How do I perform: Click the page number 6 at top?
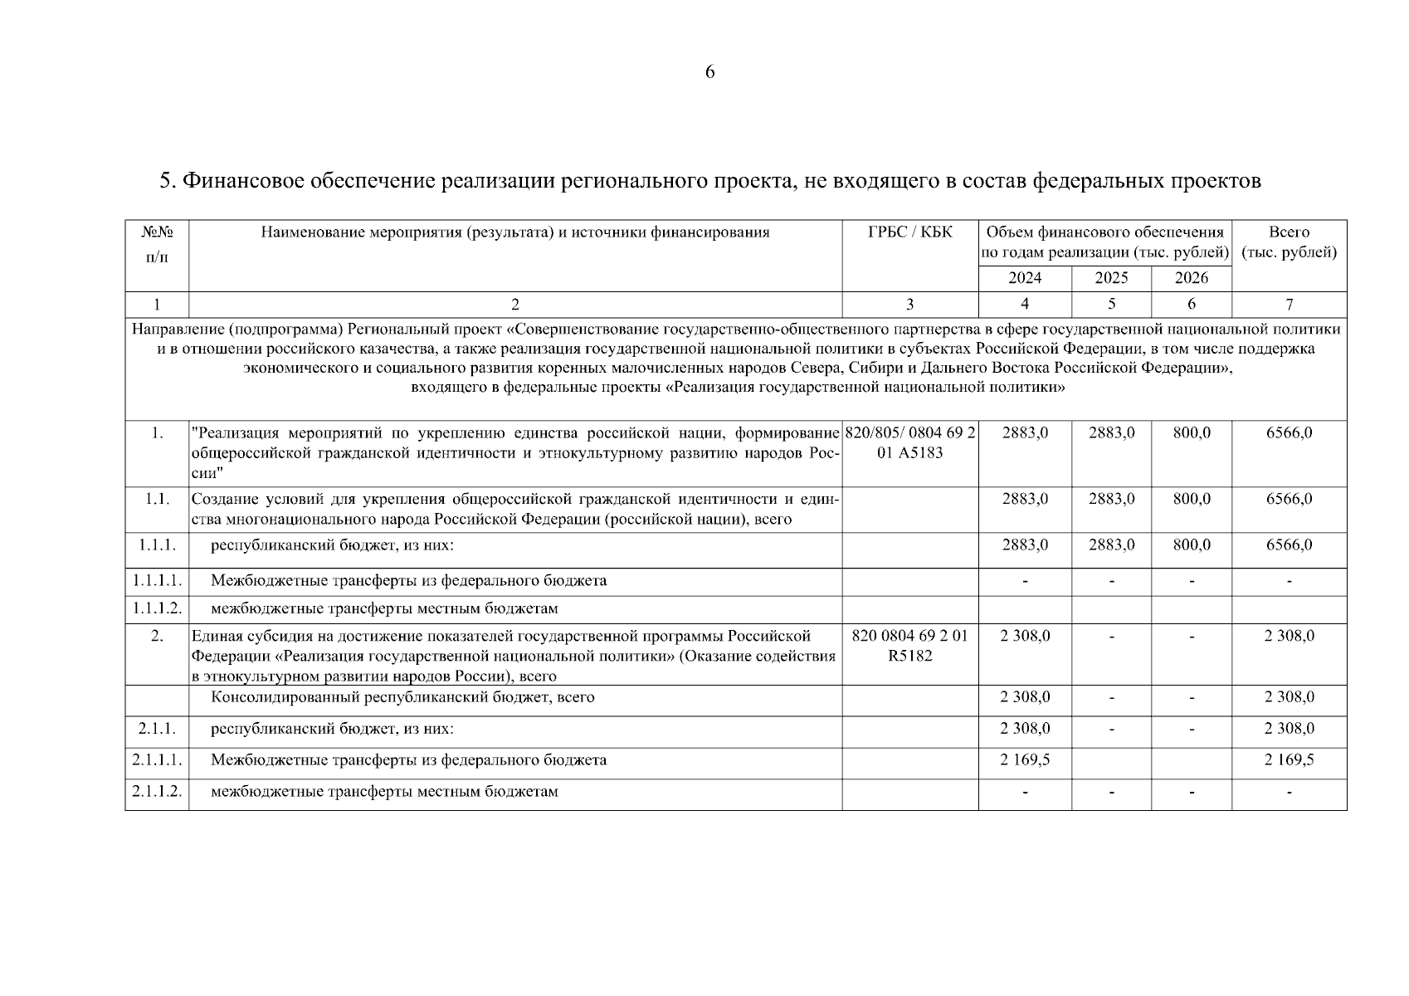[x=709, y=72]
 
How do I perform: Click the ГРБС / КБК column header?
[x=909, y=232]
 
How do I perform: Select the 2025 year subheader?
[x=1111, y=278]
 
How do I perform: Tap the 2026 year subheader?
[x=1192, y=278]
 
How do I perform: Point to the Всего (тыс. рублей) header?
[x=1289, y=242]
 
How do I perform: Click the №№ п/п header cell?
[x=157, y=244]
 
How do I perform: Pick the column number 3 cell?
[x=909, y=305]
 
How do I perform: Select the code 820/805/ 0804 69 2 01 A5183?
[x=909, y=442]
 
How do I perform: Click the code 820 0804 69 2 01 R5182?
[x=909, y=646]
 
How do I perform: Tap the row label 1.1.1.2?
[x=157, y=608]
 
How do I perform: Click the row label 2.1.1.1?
[x=157, y=760]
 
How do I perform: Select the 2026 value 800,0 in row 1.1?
[x=1192, y=499]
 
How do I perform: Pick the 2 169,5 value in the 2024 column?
[x=1025, y=760]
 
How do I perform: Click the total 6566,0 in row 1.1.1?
[x=1289, y=545]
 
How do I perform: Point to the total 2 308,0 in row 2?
[x=1289, y=636]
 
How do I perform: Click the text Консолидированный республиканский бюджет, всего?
[x=402, y=697]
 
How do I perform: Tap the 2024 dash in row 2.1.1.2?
[x=1025, y=793]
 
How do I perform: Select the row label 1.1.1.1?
[x=157, y=580]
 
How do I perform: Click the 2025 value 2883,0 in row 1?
[x=1111, y=432]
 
